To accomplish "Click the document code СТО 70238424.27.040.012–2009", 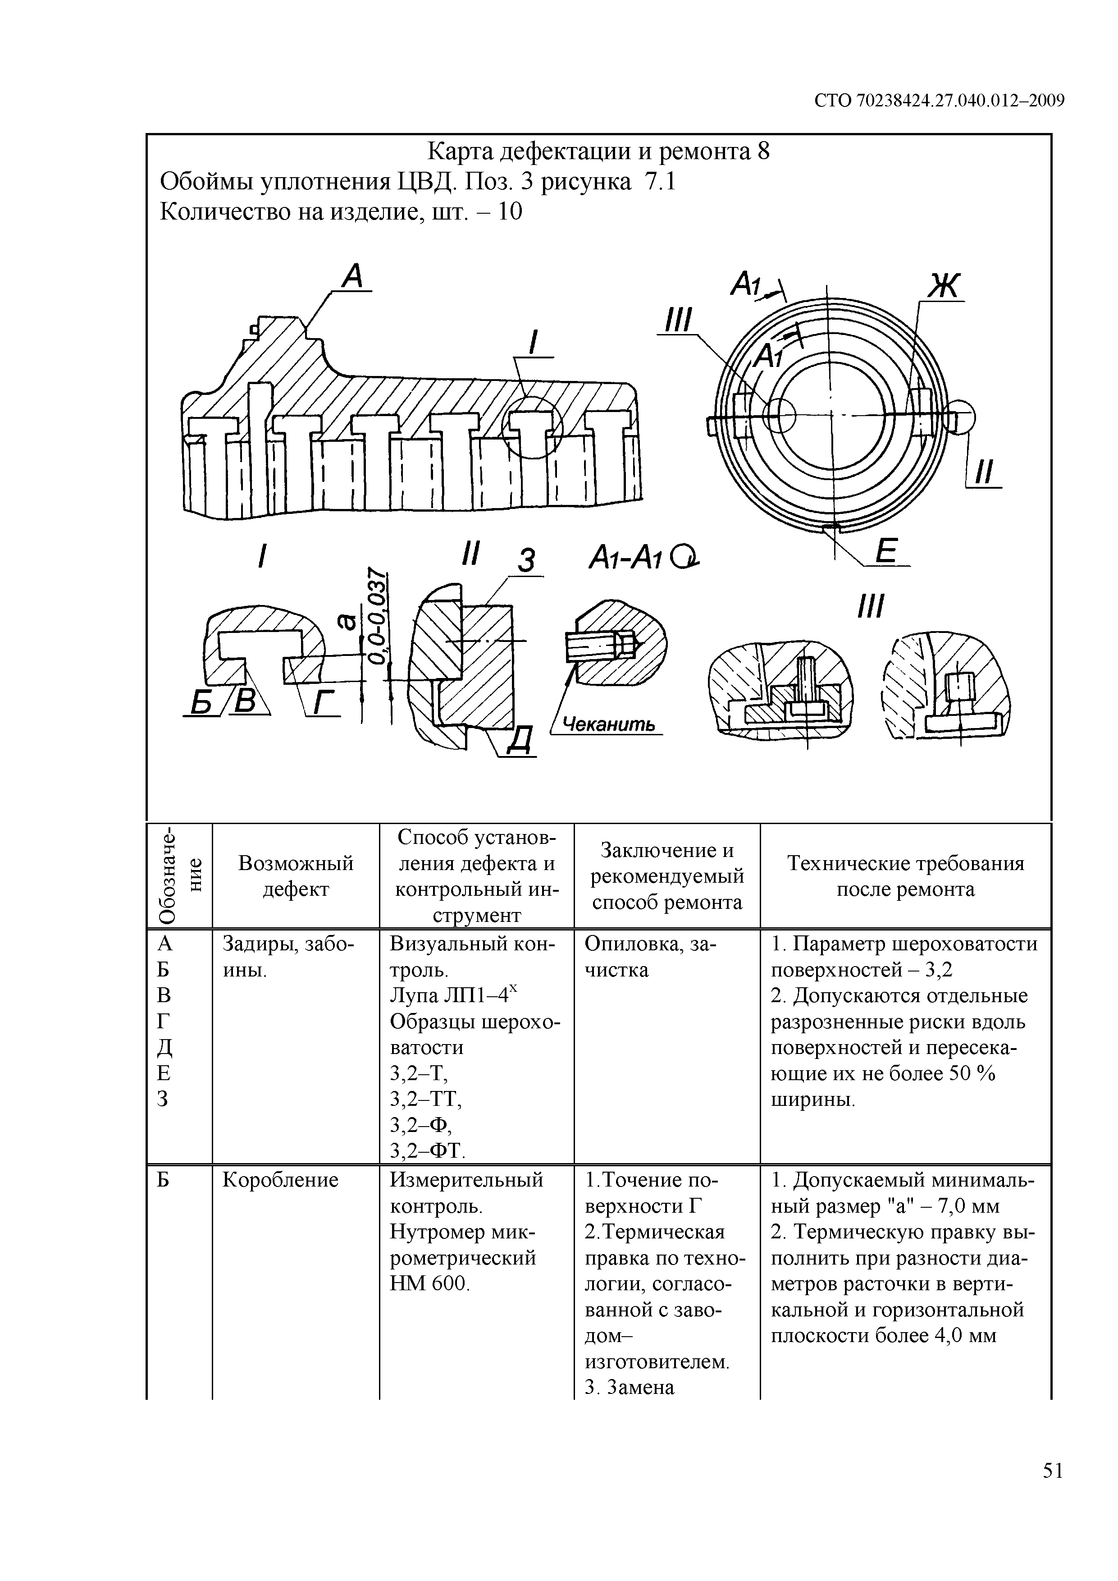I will [x=939, y=101].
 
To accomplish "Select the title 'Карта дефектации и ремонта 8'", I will [x=598, y=151].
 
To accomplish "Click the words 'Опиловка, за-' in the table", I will [x=650, y=944].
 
